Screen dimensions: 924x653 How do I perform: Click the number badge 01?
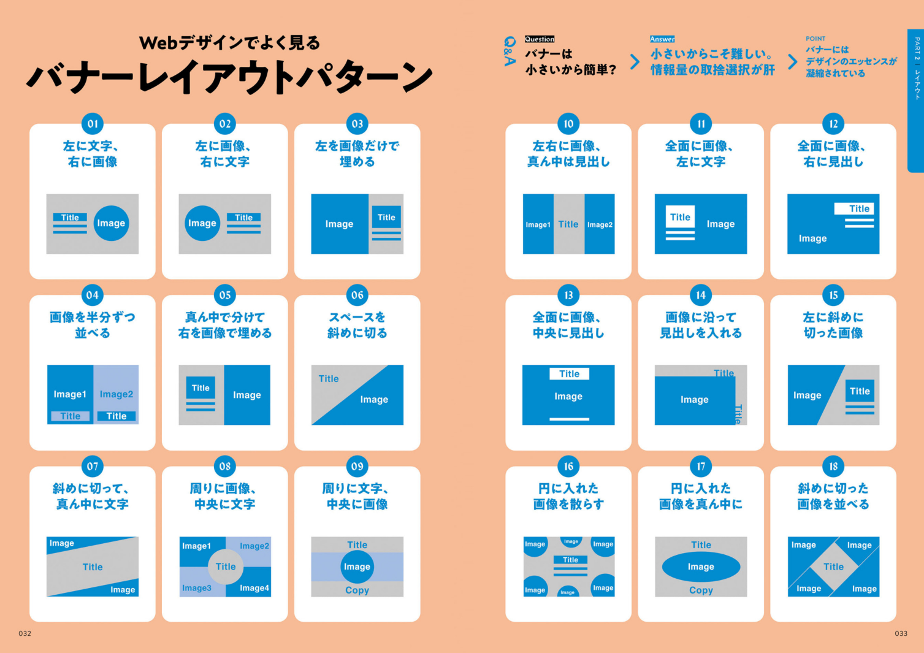(93, 124)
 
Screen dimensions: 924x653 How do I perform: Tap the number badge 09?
(357, 466)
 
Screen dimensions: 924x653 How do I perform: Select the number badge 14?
(701, 295)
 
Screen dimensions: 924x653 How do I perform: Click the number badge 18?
(833, 466)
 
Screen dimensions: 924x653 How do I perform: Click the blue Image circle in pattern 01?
(111, 223)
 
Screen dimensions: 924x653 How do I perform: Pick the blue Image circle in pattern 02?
(202, 223)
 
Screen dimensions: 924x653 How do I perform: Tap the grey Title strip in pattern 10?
(569, 224)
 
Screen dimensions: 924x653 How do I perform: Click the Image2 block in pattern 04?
(116, 395)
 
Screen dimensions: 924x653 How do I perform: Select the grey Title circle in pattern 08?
(226, 567)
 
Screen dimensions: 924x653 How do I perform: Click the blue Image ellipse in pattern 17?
(701, 567)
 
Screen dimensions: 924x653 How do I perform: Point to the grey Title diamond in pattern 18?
(834, 567)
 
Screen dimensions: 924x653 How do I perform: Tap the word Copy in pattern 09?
(357, 590)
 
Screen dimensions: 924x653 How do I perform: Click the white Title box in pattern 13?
(569, 374)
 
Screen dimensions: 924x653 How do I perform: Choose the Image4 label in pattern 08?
(254, 588)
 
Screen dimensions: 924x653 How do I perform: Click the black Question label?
(540, 39)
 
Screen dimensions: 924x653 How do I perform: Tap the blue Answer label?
(662, 39)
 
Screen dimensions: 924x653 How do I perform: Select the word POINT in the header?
(815, 39)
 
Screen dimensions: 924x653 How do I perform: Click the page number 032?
(25, 633)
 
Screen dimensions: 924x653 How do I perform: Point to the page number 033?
(901, 633)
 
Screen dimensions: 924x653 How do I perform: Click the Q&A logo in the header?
(510, 51)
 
